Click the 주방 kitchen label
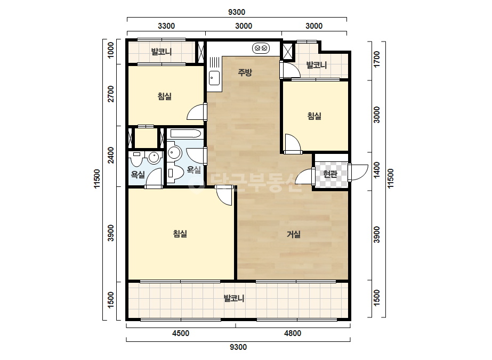click(x=245, y=72)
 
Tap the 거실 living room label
click(x=294, y=234)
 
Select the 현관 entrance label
click(x=330, y=174)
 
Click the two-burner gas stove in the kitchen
click(x=261, y=48)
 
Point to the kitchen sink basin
click(x=215, y=78)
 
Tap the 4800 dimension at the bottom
click(x=293, y=333)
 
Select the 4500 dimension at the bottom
click(x=181, y=333)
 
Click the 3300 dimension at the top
click(x=166, y=26)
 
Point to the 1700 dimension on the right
click(x=377, y=59)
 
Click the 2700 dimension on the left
click(x=111, y=94)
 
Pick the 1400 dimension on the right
click(x=377, y=169)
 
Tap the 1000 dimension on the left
click(x=111, y=50)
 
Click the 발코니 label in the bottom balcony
click(x=234, y=298)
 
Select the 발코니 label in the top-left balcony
click(x=162, y=52)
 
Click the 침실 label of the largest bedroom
click(x=180, y=234)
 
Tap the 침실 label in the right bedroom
click(x=314, y=116)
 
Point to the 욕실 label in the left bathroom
click(x=138, y=174)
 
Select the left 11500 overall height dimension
click(x=96, y=179)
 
